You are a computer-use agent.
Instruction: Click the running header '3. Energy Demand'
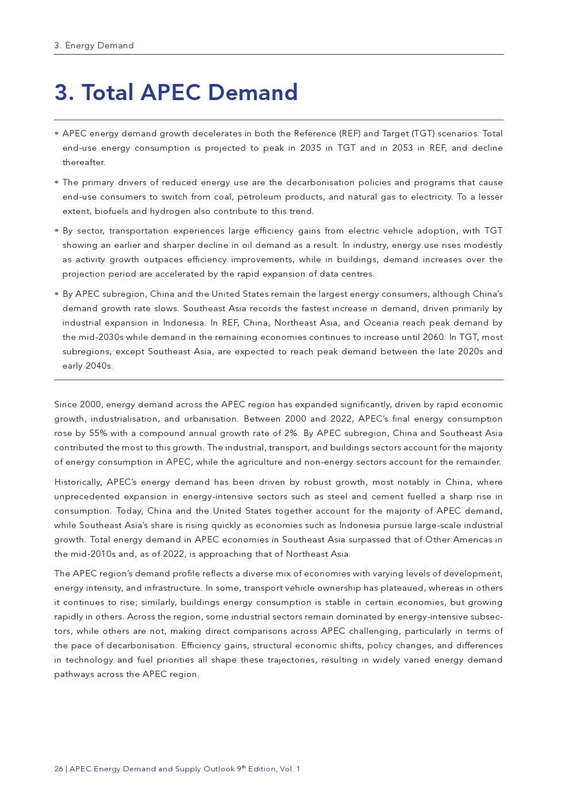coord(94,45)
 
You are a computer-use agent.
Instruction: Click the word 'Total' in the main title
coord(108,93)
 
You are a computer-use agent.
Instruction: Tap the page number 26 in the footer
coord(59,769)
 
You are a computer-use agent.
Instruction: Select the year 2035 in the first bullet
coord(311,148)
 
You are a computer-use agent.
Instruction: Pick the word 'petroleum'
coord(258,197)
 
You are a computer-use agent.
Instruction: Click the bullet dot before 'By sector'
coord(56,231)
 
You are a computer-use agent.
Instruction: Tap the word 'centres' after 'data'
coord(358,274)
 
